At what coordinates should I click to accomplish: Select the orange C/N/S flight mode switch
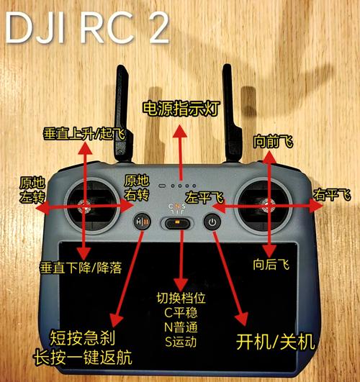coord(177,224)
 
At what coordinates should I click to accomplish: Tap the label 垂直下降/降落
coord(81,267)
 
